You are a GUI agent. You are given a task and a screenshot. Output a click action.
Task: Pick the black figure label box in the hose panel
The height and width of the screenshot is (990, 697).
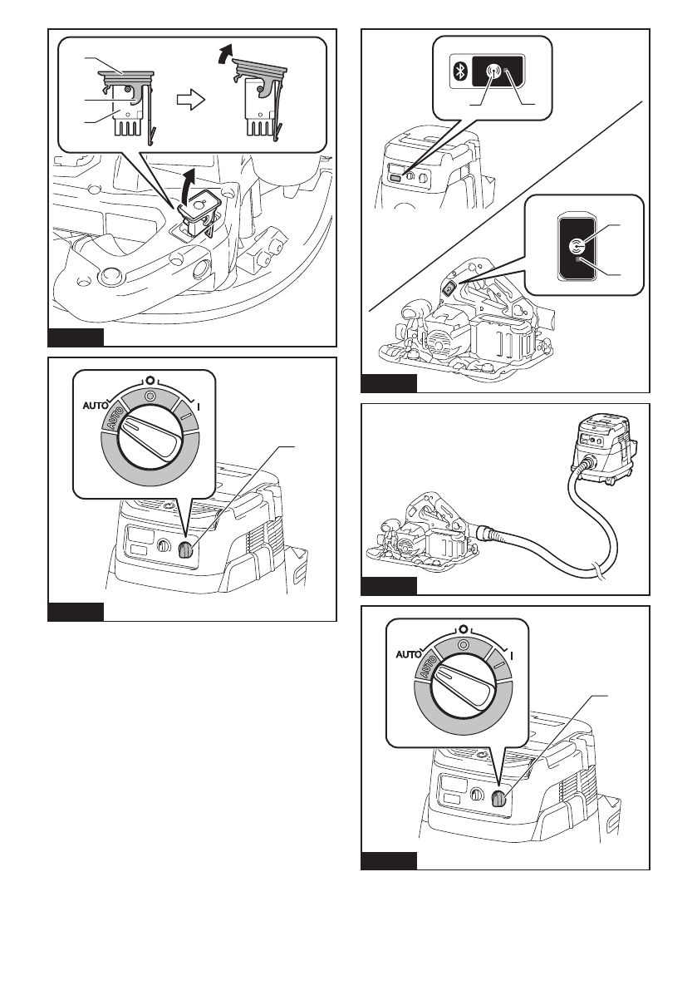[x=389, y=588]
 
